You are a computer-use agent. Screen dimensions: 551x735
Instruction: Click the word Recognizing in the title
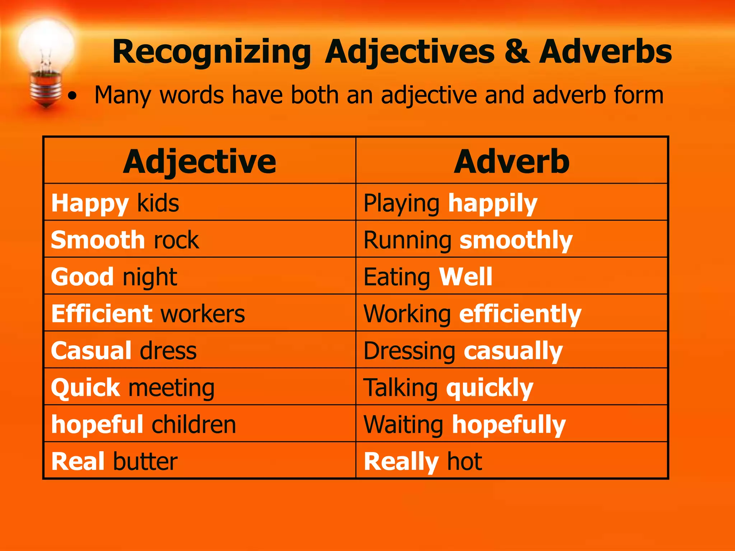coord(211,52)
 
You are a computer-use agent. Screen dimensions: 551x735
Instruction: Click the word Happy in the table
coord(90,203)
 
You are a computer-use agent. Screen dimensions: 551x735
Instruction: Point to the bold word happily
coord(493,203)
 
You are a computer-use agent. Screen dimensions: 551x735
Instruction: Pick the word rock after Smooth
coord(176,240)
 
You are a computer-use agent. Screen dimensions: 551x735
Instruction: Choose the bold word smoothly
coord(516,240)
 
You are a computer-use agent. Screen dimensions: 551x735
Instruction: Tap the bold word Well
coord(465,277)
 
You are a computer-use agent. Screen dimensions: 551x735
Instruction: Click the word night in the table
coord(150,277)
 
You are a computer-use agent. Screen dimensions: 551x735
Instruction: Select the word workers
coord(203,314)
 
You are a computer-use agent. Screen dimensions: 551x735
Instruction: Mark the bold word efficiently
coord(520,314)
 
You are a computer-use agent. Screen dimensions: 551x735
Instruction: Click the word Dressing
coord(409,351)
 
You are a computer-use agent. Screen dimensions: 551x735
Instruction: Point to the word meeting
coord(172,388)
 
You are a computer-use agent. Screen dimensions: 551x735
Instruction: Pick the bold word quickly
coord(490,388)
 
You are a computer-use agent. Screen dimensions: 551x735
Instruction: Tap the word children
coord(194,424)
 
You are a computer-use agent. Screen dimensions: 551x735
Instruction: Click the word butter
coord(145,461)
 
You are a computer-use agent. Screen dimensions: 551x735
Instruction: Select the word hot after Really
coord(464,461)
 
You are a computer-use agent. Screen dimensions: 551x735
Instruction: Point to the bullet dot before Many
coord(72,96)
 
